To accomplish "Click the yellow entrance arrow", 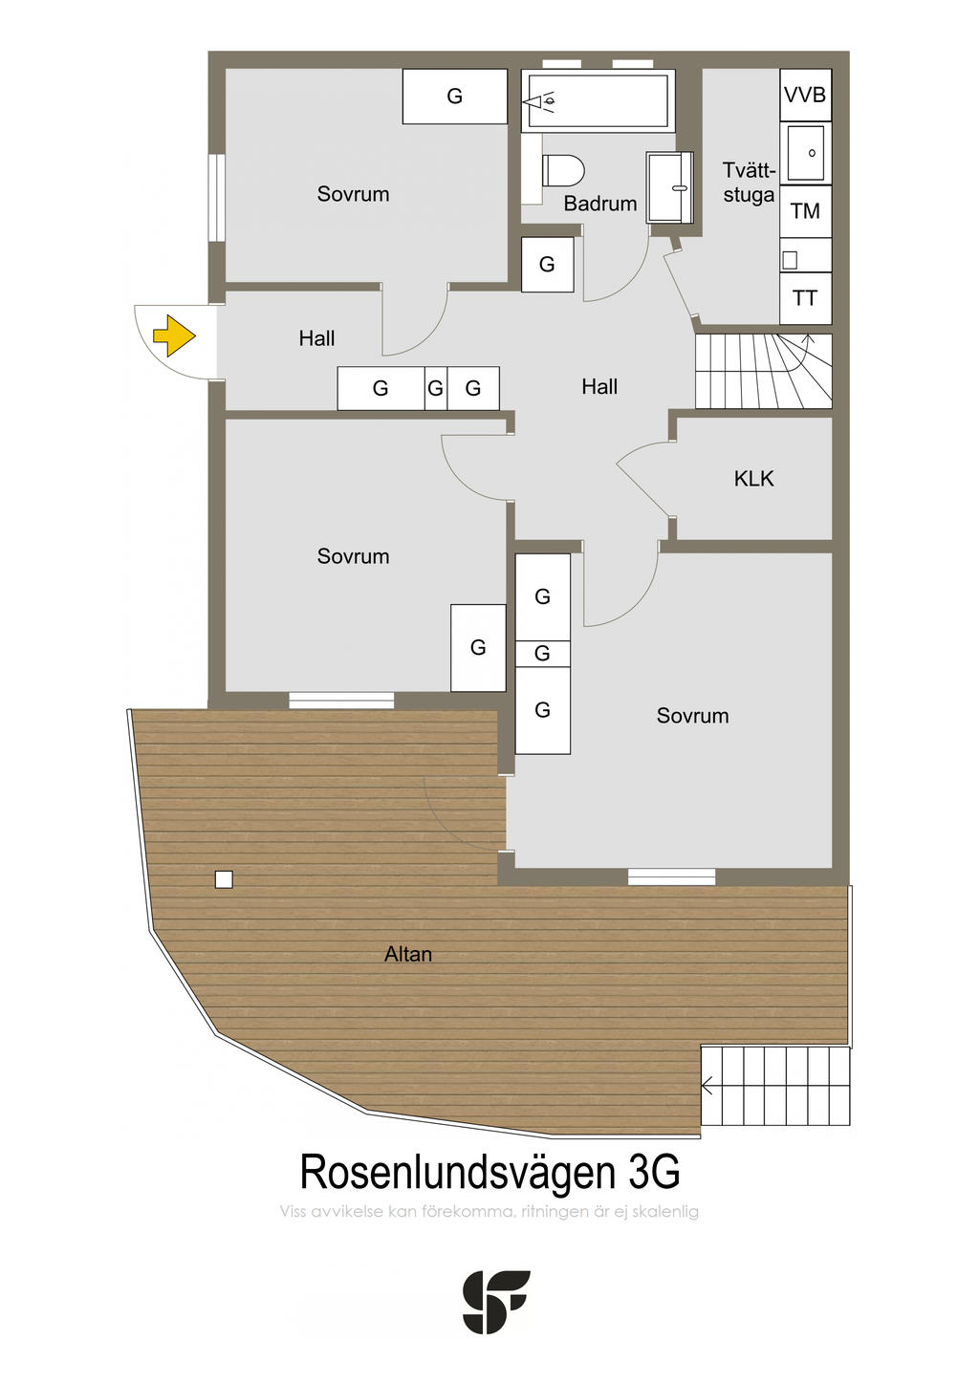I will [x=174, y=335].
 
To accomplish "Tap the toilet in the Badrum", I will [x=563, y=171].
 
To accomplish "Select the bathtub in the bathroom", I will [x=598, y=100].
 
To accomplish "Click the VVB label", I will [x=805, y=96].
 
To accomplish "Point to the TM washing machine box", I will [x=805, y=211].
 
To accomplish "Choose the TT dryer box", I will [x=805, y=298].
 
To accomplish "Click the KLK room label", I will [x=753, y=479].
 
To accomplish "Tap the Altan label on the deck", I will [x=408, y=954].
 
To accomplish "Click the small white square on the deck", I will [x=224, y=879].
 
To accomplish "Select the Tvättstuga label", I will [x=749, y=183].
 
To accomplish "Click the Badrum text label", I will [x=599, y=204].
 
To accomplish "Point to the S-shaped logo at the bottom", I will [x=495, y=1302].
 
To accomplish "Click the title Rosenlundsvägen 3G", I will [x=489, y=1172].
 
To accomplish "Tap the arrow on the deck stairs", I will [x=707, y=1086].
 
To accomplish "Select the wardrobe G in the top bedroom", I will [x=454, y=97].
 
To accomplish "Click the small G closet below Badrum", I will [x=547, y=265].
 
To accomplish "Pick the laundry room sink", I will [x=806, y=153].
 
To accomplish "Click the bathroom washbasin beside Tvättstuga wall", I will [x=669, y=186].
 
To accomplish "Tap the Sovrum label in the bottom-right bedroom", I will [x=692, y=716].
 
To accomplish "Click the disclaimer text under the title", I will [x=489, y=1212].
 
